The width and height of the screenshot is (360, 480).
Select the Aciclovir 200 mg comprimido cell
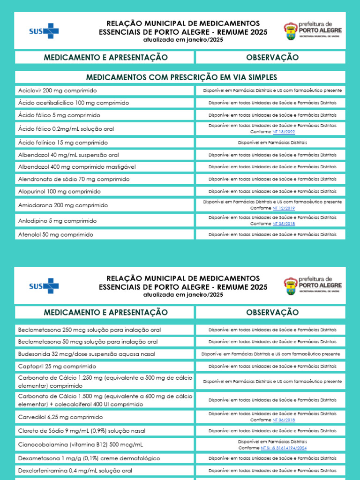point(57,90)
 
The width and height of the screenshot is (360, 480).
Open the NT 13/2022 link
point(284,132)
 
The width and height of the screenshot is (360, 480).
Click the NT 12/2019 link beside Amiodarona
point(284,208)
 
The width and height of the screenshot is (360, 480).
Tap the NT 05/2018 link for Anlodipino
point(284,224)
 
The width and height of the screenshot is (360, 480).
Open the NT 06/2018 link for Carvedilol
point(284,420)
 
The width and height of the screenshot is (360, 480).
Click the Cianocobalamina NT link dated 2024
point(284,448)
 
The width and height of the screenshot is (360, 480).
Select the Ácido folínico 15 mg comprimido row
point(63,142)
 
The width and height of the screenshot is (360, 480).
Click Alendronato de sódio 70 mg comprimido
point(74,179)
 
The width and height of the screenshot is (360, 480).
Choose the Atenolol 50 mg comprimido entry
point(55,234)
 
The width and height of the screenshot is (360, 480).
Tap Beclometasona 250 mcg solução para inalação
point(89,330)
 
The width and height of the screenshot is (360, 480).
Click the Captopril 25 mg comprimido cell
point(57,366)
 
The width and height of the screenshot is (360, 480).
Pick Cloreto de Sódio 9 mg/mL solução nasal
point(82,431)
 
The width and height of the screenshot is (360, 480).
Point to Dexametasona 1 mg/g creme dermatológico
point(89,458)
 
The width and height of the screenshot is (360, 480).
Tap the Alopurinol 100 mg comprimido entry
point(59,191)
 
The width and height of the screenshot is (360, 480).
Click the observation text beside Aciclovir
point(272,90)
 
